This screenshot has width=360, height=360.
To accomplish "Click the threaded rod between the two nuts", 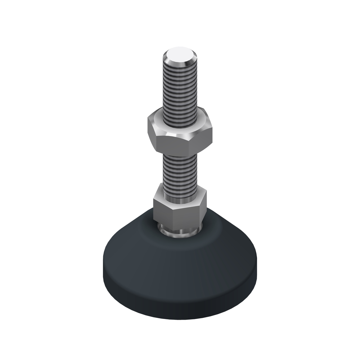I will [180, 169].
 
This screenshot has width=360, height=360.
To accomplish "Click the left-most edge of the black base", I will [103, 266].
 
